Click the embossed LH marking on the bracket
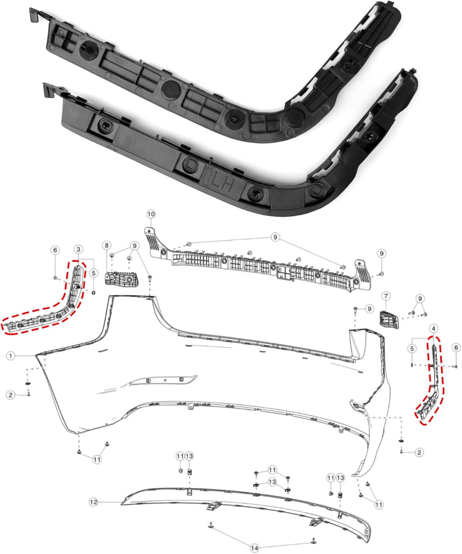pos(221,180)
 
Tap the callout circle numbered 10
pos(151,214)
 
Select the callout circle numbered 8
pos(107,245)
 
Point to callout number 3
pos(78,249)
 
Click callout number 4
pos(434,328)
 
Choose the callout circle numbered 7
pos(386,296)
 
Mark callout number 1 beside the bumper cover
pos(11,356)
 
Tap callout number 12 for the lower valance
pos(94,502)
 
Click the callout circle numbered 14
pos(254,548)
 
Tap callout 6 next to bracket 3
pos(55,250)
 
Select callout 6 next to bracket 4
pos(456,348)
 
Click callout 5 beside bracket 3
pos(94,273)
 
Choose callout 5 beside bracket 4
pos(413,348)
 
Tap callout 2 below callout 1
pos(11,395)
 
